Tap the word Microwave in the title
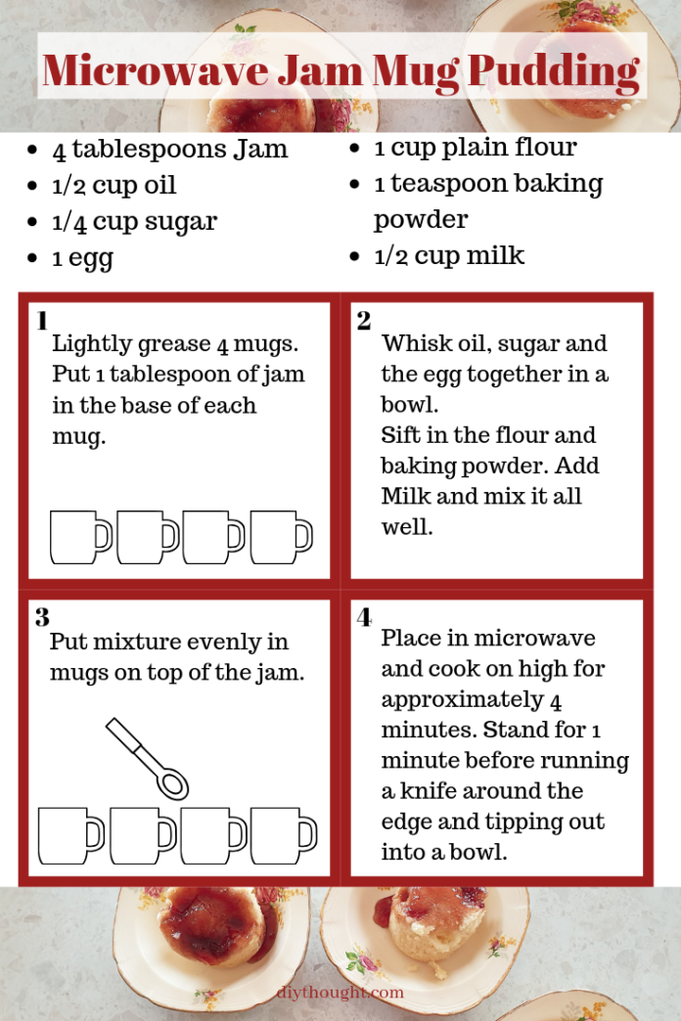(134, 70)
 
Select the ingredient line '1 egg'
(82, 258)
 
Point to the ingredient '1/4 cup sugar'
(134, 221)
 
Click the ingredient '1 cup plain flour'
(476, 148)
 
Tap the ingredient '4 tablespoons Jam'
(170, 150)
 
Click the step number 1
(42, 321)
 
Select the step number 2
(364, 321)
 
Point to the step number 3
(42, 617)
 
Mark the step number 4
(364, 617)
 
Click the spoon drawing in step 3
(148, 757)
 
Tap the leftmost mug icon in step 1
(80, 538)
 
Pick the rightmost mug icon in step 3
(283, 835)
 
